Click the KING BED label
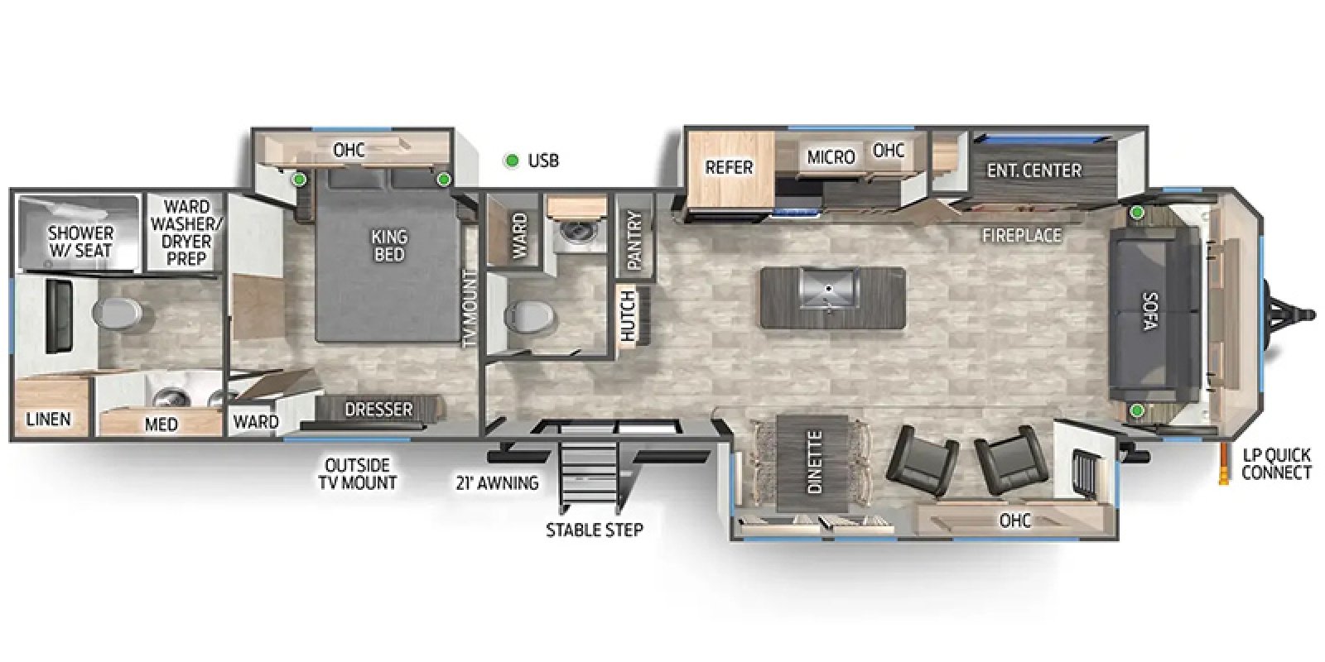pos(389,245)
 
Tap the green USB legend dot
pos(512,161)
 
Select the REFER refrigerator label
pos(729,168)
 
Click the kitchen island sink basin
pos(829,288)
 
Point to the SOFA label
pos(1150,311)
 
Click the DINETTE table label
pos(815,463)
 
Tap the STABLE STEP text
pos(594,530)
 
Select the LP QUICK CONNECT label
pos(1276,464)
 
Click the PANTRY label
pos(634,241)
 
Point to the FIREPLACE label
pos(1022,236)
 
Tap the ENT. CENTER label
pos(1034,170)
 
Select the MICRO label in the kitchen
pos(831,157)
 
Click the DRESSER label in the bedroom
pos(378,409)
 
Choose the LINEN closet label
pos(49,420)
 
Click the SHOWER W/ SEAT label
pos(80,242)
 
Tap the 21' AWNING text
pos(497,483)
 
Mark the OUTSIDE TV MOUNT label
pos(357,474)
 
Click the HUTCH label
pos(628,316)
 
